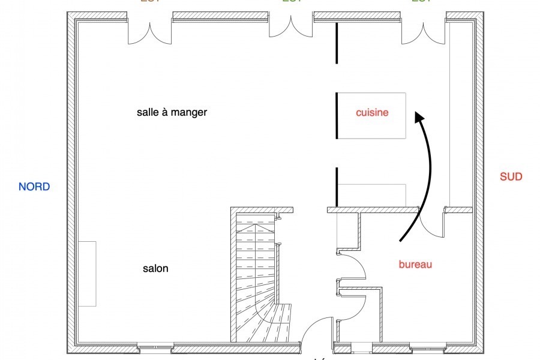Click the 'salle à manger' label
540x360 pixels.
[x=172, y=112]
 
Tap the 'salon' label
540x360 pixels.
[x=155, y=269]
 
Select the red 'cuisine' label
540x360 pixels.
[x=372, y=112]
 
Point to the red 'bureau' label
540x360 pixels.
[x=415, y=264]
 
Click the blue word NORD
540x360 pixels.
[x=34, y=187]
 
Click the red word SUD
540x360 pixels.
[x=511, y=176]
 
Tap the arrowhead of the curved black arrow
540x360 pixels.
[x=419, y=117]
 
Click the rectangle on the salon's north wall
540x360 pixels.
[x=87, y=274]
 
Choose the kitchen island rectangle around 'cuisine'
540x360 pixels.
[x=371, y=116]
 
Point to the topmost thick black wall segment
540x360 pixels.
[x=337, y=43]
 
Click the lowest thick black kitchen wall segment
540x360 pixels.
[x=337, y=187]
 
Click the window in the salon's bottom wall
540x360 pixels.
[x=155, y=347]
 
